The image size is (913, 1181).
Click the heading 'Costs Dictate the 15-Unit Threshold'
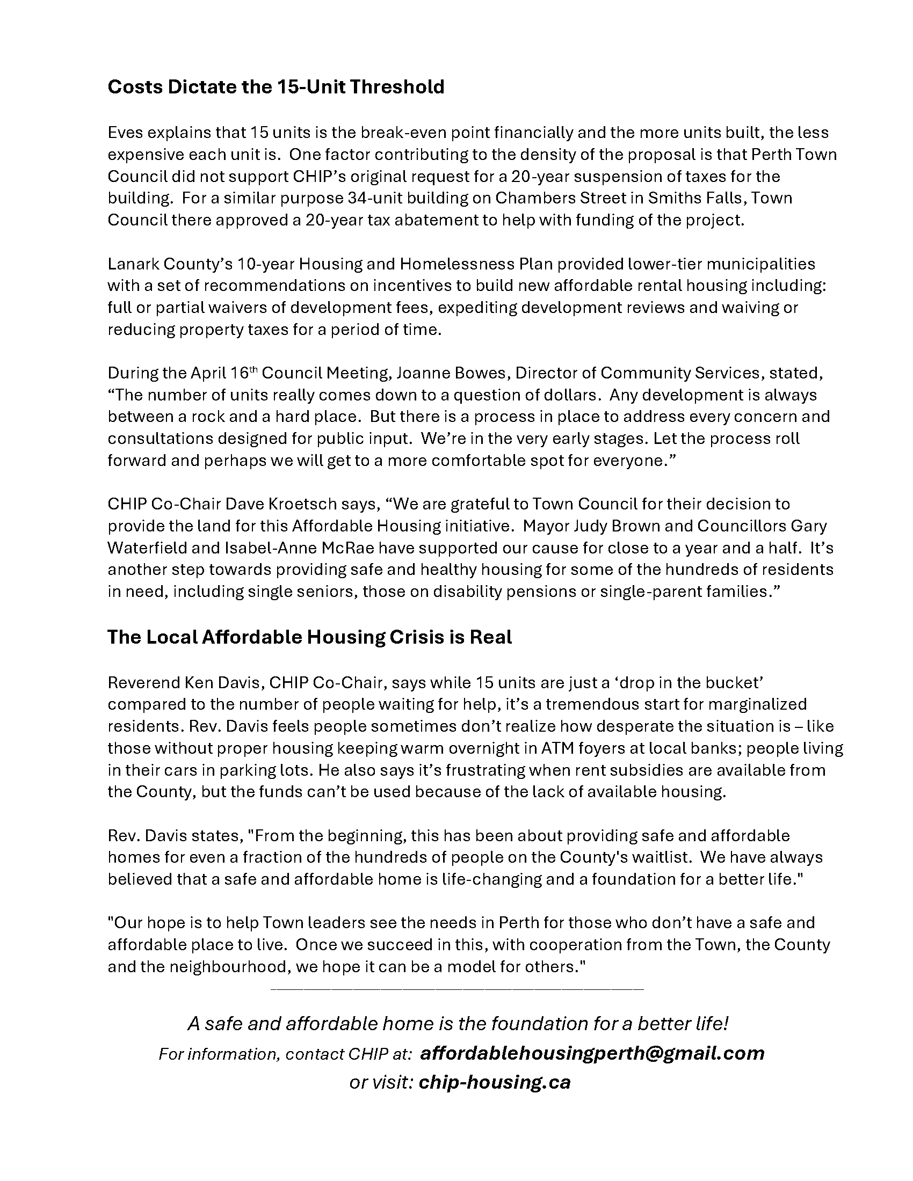pyautogui.click(x=276, y=87)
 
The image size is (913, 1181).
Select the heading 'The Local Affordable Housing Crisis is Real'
pyautogui.click(x=309, y=637)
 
